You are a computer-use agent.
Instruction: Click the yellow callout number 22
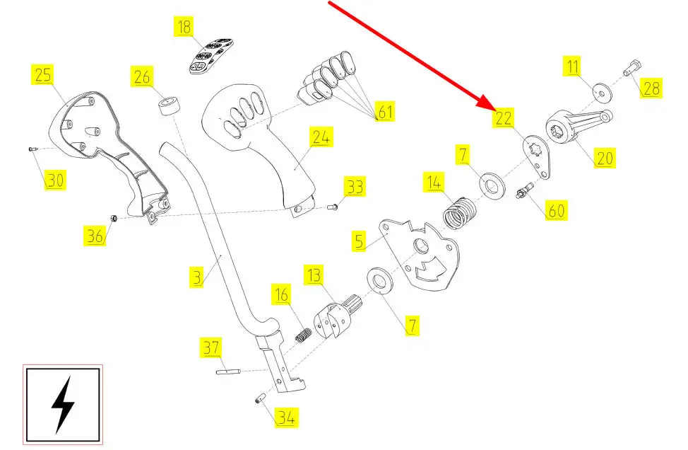tap(504, 118)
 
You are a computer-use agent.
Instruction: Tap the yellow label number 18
tap(184, 28)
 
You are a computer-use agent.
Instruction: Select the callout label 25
tap(43, 75)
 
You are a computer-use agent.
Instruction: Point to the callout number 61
tap(385, 112)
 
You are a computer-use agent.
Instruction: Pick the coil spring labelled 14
tap(460, 212)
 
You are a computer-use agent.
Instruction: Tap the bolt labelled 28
tap(631, 70)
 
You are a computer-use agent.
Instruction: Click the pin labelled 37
tap(230, 371)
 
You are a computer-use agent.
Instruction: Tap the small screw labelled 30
tap(32, 149)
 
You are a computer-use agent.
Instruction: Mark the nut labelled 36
tap(114, 217)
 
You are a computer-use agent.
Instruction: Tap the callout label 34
tap(285, 418)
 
